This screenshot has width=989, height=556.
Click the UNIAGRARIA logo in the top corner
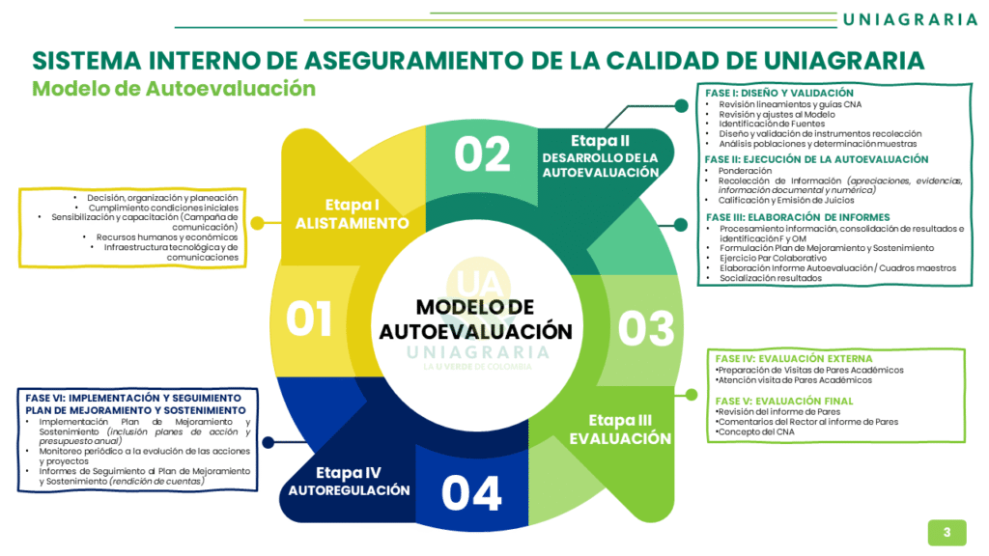pyautogui.click(x=909, y=19)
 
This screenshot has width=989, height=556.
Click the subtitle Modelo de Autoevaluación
pyautogui.click(x=174, y=89)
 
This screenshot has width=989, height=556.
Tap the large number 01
pyautogui.click(x=309, y=320)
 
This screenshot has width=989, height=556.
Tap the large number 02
pyautogui.click(x=482, y=155)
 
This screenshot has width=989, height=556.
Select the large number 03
pyautogui.click(x=646, y=328)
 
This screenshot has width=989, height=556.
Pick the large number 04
pyautogui.click(x=472, y=493)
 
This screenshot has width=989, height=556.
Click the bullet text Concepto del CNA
pyautogui.click(x=757, y=431)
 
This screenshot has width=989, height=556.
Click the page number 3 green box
pyautogui.click(x=947, y=532)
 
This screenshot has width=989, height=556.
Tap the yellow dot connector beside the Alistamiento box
pyautogui.click(x=257, y=223)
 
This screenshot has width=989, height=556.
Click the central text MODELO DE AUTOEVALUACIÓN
pyautogui.click(x=475, y=320)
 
